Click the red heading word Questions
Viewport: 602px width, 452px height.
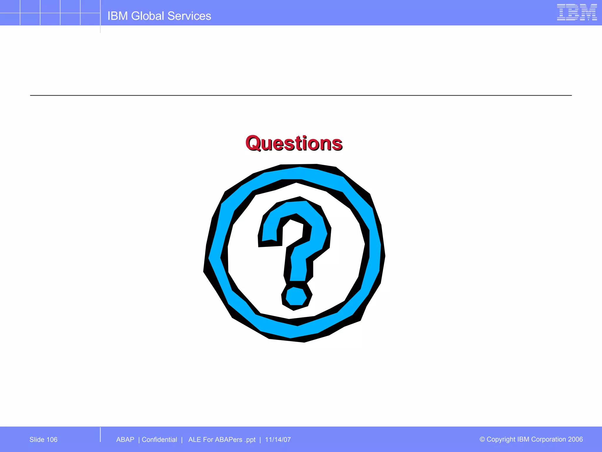point(294,143)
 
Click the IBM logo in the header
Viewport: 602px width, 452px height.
point(577,12)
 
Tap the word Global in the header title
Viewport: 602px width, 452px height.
point(147,16)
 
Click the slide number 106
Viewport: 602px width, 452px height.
point(52,440)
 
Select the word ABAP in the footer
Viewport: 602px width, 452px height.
point(125,440)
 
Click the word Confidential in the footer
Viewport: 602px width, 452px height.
point(159,440)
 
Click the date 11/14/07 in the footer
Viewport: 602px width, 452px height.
point(278,440)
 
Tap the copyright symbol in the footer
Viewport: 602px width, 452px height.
point(482,439)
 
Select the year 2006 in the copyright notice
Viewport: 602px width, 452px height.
point(575,439)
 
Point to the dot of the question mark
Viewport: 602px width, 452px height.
point(296,297)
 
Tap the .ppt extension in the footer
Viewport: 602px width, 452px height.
point(250,440)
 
